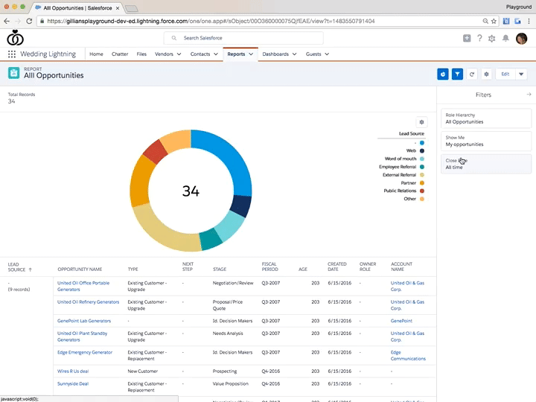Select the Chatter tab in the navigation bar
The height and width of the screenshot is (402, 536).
click(x=119, y=54)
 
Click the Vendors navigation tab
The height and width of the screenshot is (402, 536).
click(x=164, y=54)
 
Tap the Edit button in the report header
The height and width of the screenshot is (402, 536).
click(x=505, y=74)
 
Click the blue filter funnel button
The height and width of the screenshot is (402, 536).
click(x=457, y=74)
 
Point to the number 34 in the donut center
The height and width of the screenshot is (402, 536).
click(x=191, y=191)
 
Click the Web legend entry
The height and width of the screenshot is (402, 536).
click(x=411, y=150)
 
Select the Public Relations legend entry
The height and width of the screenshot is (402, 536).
click(x=400, y=191)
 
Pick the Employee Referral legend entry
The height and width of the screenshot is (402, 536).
click(x=398, y=167)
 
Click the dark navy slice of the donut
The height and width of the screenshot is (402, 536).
click(x=240, y=205)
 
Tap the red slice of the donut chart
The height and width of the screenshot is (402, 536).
click(x=155, y=151)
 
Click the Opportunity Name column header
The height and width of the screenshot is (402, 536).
click(x=80, y=269)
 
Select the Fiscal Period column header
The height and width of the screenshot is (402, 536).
click(x=269, y=267)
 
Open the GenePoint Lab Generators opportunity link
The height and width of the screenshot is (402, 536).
click(x=84, y=321)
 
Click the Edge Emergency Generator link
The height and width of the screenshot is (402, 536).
click(x=85, y=352)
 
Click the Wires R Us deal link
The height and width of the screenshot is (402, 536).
click(x=73, y=371)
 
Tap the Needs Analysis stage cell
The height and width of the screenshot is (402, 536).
click(x=228, y=334)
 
